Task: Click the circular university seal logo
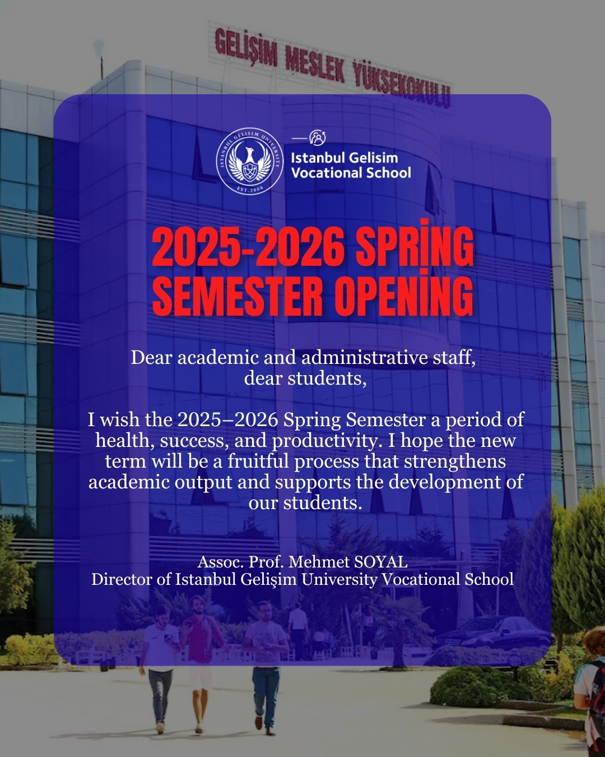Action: click(250, 161)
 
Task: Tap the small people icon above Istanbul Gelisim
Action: click(318, 138)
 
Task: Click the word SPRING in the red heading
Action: click(415, 246)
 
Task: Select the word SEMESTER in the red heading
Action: click(238, 296)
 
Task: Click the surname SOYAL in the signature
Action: click(381, 562)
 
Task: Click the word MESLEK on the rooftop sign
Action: click(315, 64)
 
